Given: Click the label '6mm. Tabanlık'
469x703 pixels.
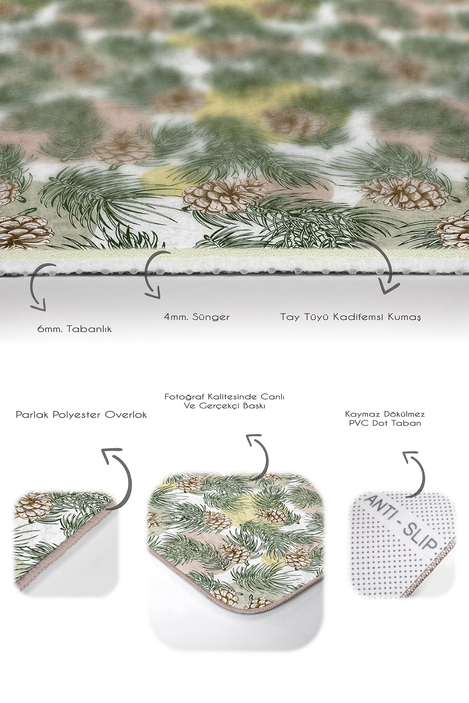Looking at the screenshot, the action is coord(74,329).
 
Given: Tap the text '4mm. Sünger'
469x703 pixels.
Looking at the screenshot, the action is coord(197,317).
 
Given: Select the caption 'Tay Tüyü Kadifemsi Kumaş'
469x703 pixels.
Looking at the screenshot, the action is coord(350,317).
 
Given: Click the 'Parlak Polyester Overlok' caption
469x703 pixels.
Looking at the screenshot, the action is coord(81,415).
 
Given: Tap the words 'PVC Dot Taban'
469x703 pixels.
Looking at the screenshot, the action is coord(385,423).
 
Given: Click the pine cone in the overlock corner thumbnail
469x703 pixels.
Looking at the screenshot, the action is coord(33,506).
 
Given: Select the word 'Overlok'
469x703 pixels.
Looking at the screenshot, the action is coord(126,415).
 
